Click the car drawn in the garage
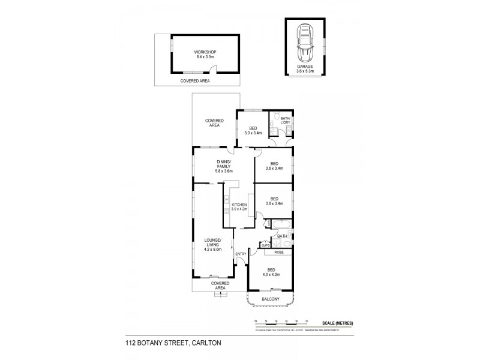click(x=305, y=41)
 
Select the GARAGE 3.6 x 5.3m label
click(x=305, y=69)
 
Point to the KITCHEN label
click(x=239, y=206)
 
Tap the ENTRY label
click(x=241, y=254)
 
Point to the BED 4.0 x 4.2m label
click(x=272, y=272)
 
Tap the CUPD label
click(x=265, y=245)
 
